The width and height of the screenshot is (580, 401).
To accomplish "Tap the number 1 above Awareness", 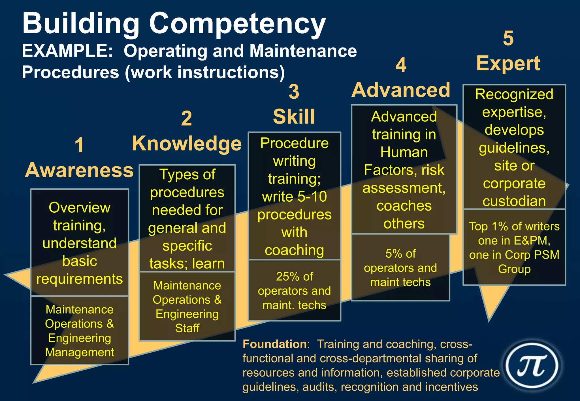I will [79, 145].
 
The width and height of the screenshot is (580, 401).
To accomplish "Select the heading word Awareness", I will [79, 171].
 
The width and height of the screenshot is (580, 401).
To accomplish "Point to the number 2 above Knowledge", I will [186, 118].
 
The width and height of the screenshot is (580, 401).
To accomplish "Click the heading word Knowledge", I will [187, 144].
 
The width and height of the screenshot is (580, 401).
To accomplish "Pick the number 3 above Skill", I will [294, 92].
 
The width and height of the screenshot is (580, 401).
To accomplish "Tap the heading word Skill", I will [294, 117].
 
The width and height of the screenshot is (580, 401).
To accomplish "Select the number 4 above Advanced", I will [401, 65].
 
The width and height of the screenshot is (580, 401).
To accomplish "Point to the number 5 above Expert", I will [508, 38].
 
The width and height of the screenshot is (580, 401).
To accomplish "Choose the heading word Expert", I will [508, 63].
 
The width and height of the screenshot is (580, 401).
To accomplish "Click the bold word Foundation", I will [274, 344].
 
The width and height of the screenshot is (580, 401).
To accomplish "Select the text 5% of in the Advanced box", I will [400, 254].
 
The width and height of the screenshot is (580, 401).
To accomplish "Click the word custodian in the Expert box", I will [514, 201].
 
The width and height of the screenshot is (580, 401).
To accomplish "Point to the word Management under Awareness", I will [80, 352].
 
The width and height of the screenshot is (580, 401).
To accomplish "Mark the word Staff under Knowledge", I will [187, 328].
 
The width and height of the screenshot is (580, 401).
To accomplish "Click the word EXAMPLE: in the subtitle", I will [67, 51].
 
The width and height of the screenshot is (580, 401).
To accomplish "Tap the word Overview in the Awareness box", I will [80, 208].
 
